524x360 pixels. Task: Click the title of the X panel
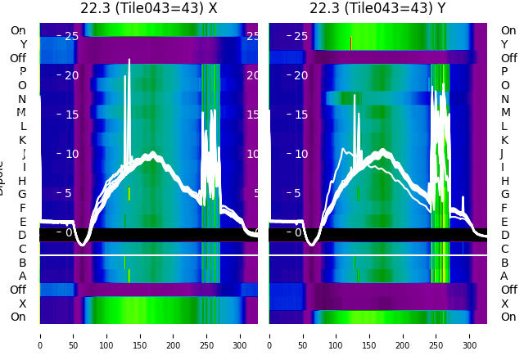click(x=148, y=8)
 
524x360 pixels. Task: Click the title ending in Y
click(x=377, y=8)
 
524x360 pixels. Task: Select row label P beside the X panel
click(x=23, y=72)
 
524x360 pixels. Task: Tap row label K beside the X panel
click(x=23, y=140)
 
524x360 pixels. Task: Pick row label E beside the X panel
click(x=23, y=222)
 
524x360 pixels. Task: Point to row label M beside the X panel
click(x=23, y=113)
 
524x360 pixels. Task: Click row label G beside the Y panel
click(x=504, y=195)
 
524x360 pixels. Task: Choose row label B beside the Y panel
click(x=504, y=263)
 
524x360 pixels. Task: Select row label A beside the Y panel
click(x=504, y=277)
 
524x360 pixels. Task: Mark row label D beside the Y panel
click(x=504, y=236)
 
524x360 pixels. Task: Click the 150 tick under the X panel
click(x=140, y=335)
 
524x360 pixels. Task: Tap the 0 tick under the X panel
click(x=40, y=335)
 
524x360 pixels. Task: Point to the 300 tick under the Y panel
click(x=470, y=335)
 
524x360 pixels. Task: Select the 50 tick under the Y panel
click(x=303, y=335)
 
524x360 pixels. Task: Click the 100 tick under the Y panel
click(x=337, y=335)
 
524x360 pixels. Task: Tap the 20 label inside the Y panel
click(x=300, y=75)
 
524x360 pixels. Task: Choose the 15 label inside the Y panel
click(x=300, y=115)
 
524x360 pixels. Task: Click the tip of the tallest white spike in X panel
click(x=129, y=60)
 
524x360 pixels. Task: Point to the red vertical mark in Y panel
click(x=350, y=43)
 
